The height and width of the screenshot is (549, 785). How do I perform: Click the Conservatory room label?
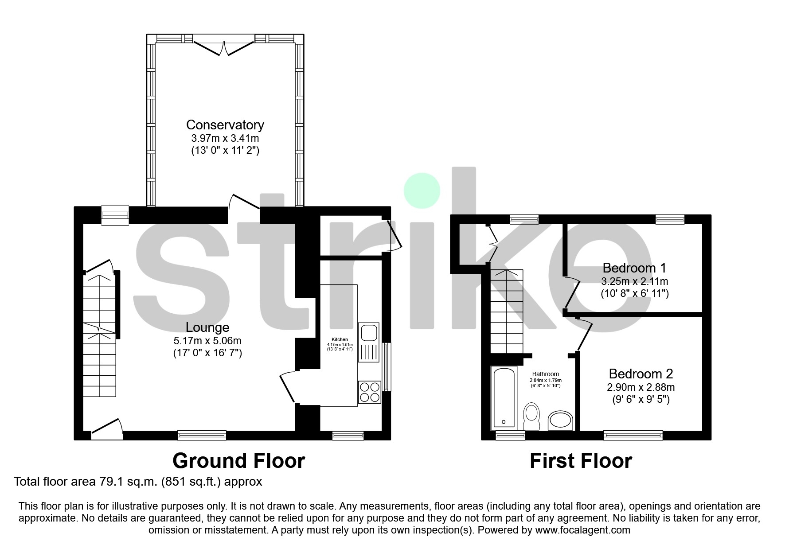pyautogui.click(x=225, y=125)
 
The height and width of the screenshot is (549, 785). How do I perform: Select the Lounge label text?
pyautogui.click(x=207, y=327)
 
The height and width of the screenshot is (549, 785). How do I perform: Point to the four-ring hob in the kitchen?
pyautogui.click(x=370, y=391)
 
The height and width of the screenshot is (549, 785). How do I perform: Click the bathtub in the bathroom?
pyautogui.click(x=504, y=397)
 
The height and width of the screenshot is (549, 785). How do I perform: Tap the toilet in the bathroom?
pyautogui.click(x=531, y=416)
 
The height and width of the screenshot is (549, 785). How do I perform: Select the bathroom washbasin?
pyautogui.click(x=561, y=420)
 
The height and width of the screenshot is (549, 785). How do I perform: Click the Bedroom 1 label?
pyautogui.click(x=634, y=268)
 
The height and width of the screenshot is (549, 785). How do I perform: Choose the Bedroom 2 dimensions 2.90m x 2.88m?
pyautogui.click(x=640, y=387)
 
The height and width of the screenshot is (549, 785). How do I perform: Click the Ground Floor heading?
pyautogui.click(x=238, y=461)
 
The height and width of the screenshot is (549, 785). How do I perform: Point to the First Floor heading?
pyautogui.click(x=581, y=461)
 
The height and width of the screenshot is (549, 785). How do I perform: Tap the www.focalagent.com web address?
pyautogui.click(x=582, y=530)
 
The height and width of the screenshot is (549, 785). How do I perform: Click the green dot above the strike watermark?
pyautogui.click(x=422, y=191)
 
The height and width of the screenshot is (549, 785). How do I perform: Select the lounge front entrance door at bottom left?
pyautogui.click(x=107, y=429)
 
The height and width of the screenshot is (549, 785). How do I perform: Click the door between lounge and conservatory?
pyautogui.click(x=244, y=203)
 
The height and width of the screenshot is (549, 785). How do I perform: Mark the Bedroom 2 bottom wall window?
pyautogui.click(x=633, y=435)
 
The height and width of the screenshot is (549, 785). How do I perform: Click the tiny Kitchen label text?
pyautogui.click(x=340, y=339)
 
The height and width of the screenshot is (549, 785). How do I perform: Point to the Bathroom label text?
pyautogui.click(x=545, y=374)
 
